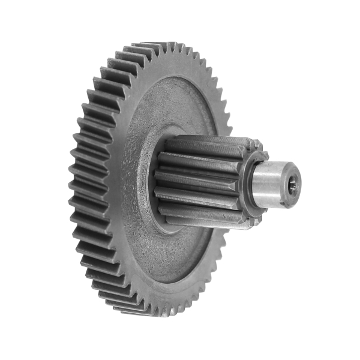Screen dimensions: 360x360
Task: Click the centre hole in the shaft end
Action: [292, 187]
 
